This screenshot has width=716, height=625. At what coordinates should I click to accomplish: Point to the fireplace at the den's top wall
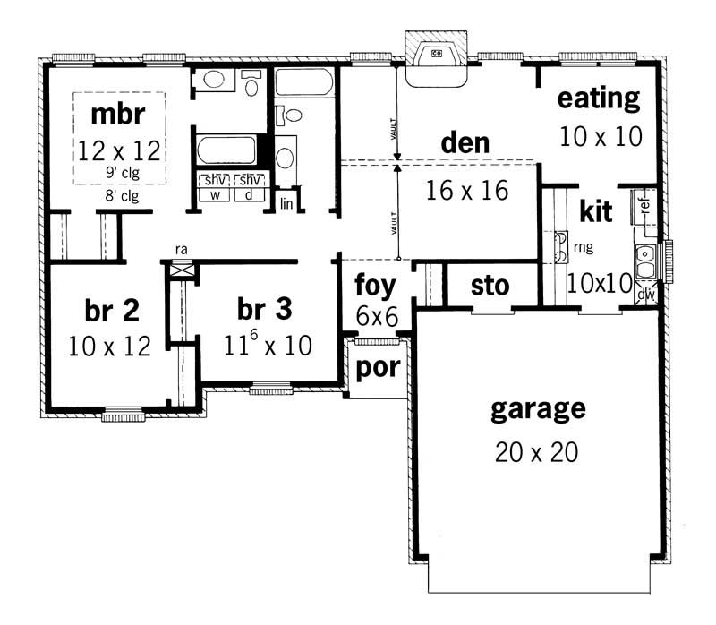436,57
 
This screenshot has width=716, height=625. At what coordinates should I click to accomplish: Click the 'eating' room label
599,98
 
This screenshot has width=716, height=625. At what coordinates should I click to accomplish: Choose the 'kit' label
595,212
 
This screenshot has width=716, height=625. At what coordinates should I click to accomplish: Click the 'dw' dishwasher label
645,293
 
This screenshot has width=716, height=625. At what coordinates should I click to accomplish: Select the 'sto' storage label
490,287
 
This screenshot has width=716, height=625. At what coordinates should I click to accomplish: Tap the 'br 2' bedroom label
112,311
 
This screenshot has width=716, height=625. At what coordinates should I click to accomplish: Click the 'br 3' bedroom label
265,311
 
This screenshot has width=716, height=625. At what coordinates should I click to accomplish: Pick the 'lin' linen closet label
286,203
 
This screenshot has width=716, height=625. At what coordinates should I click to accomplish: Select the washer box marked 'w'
216,194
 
